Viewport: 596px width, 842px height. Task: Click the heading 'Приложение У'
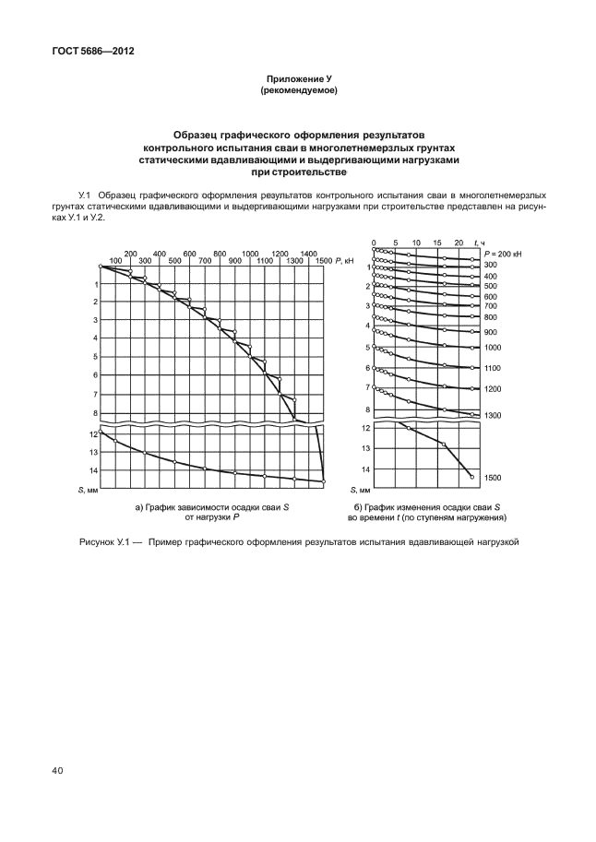click(298, 79)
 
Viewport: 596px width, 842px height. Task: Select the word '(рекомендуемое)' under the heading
click(298, 90)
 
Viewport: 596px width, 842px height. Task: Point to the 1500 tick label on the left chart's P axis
click(323, 261)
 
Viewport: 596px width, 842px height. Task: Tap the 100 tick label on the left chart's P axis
click(114, 261)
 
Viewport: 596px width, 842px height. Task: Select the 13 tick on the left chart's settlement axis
click(93, 453)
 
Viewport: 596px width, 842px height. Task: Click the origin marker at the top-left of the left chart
click(101, 267)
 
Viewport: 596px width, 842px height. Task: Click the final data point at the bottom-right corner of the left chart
click(324, 481)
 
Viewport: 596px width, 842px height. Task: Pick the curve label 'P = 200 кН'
click(500, 252)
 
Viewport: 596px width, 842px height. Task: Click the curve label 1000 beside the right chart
click(493, 348)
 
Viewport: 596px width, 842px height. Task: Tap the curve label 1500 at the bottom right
click(493, 478)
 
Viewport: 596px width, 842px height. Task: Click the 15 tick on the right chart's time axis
click(437, 242)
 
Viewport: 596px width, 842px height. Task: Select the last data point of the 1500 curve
click(471, 477)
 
